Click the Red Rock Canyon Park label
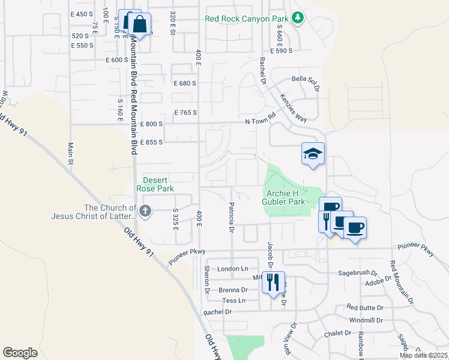[x=247, y=19]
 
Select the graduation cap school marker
[x=313, y=154]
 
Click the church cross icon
[x=145, y=211]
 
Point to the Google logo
[x=20, y=352]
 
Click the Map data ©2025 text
[x=423, y=355]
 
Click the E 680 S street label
[x=185, y=83]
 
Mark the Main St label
[x=70, y=153]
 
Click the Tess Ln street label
[x=234, y=300]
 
